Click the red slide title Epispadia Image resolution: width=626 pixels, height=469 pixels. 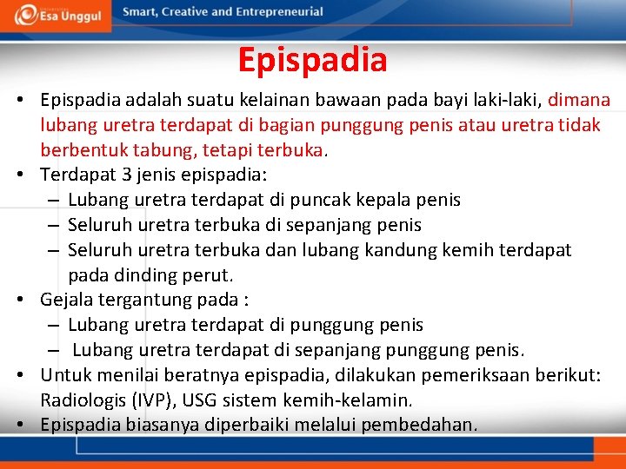[312, 60]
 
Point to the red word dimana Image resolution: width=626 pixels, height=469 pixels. [579, 100]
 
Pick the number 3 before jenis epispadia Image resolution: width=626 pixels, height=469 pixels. [127, 175]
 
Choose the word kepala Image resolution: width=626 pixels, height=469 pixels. [379, 200]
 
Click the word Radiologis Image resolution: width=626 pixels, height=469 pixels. [83, 400]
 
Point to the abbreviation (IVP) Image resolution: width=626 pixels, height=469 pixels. [155, 400]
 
